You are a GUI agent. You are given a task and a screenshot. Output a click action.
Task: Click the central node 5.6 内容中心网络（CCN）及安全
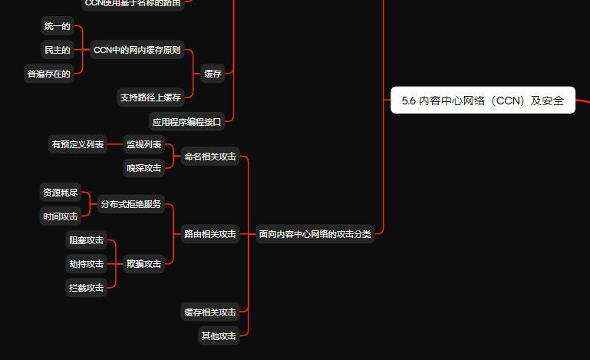pyautogui.click(x=483, y=100)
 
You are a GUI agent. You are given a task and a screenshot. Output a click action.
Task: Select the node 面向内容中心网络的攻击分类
pyautogui.click(x=315, y=234)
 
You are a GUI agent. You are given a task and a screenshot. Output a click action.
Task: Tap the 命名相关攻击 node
pyautogui.click(x=209, y=157)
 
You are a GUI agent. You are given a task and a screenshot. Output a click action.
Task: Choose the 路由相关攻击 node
pyautogui.click(x=209, y=234)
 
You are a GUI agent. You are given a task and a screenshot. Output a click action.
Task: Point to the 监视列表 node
pyautogui.click(x=144, y=144)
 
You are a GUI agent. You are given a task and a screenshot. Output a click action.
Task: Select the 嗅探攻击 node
pyautogui.click(x=144, y=167)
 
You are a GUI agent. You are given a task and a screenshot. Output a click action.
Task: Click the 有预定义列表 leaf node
pyautogui.click(x=77, y=144)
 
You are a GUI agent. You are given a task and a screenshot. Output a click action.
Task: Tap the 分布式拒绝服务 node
pyautogui.click(x=130, y=204)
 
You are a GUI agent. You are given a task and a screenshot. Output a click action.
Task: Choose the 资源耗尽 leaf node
pyautogui.click(x=61, y=192)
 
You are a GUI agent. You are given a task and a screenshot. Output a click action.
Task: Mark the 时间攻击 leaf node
pyautogui.click(x=61, y=216)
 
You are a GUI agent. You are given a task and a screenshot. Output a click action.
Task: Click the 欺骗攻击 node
pyautogui.click(x=144, y=264)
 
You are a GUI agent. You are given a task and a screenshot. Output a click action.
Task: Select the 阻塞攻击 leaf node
pyautogui.click(x=87, y=240)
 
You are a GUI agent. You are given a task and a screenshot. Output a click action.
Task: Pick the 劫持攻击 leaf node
pyautogui.click(x=87, y=264)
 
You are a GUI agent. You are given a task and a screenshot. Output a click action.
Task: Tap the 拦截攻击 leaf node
pyautogui.click(x=87, y=288)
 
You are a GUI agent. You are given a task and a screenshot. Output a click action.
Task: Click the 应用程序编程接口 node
pyautogui.click(x=186, y=121)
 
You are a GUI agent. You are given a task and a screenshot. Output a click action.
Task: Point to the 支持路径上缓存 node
pyautogui.click(x=150, y=97)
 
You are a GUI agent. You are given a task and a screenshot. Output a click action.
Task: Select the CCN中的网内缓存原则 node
pyautogui.click(x=137, y=50)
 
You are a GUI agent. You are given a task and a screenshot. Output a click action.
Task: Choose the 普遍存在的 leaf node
pyautogui.click(x=49, y=74)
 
